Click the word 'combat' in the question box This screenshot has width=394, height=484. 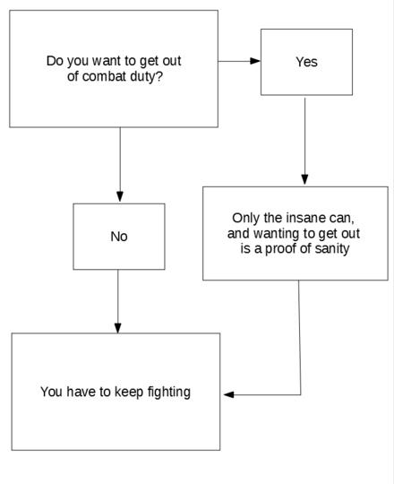(104, 76)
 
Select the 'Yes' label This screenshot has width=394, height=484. (306, 62)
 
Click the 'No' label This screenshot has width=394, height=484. (119, 237)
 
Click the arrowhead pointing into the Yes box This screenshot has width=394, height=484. (255, 61)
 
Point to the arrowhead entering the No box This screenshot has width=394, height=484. (120, 197)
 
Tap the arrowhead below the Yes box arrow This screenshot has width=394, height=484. (304, 179)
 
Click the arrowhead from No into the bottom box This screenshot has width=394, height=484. (118, 328)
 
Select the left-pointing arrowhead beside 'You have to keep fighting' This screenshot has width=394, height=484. (228, 394)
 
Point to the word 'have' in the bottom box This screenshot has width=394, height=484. (81, 392)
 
